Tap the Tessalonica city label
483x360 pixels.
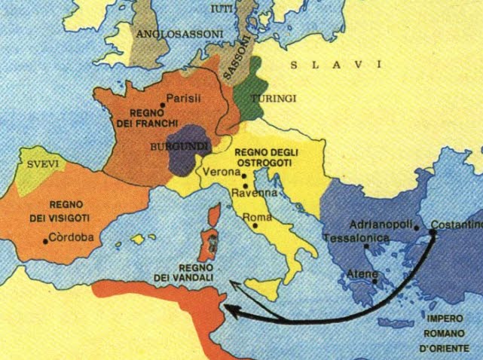356,239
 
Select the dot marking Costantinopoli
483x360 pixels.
433,231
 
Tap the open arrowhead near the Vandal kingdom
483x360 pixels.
234,285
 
